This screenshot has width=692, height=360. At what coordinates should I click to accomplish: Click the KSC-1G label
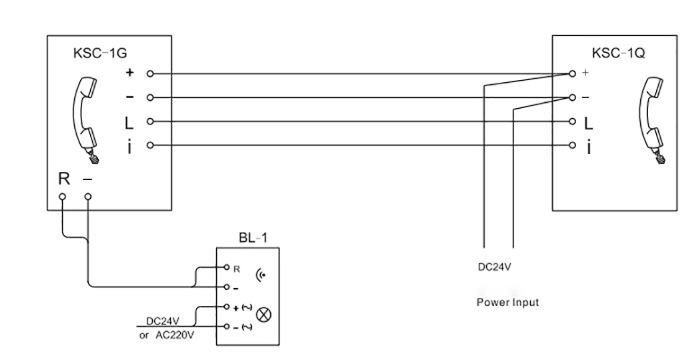click(96, 53)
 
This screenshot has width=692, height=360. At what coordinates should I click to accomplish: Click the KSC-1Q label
click(618, 53)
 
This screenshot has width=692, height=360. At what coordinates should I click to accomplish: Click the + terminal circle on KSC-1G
click(150, 73)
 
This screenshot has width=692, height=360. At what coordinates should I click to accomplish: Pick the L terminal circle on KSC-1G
click(150, 121)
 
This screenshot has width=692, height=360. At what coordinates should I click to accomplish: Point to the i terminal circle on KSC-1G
click(150, 145)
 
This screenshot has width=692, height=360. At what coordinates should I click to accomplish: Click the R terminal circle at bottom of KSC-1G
click(63, 196)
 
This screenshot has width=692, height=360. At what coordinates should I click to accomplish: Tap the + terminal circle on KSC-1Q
click(572, 73)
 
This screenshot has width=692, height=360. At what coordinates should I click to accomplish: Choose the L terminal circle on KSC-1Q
click(572, 121)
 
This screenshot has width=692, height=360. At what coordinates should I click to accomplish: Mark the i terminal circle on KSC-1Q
click(572, 145)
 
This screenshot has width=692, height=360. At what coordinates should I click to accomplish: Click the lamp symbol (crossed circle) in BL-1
click(263, 315)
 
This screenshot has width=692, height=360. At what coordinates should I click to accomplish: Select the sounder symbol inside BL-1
click(260, 274)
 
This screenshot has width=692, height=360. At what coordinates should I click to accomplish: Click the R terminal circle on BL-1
click(227, 268)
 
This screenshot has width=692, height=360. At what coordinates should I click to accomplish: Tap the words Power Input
click(507, 302)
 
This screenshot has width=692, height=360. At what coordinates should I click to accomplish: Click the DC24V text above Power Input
click(496, 267)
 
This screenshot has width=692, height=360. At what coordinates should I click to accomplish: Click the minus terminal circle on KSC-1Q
click(572, 97)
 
